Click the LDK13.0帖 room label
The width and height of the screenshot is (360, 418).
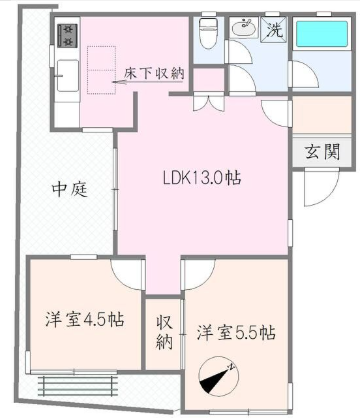pos(202,178)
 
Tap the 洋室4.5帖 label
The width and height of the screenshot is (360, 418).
pos(85,320)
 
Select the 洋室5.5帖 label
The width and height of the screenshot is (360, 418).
pos(236,332)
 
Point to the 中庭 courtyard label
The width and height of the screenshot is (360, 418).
pos(70,190)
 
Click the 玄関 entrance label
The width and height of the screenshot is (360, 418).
pos(323,152)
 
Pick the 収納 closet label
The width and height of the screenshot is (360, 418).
pos(164,332)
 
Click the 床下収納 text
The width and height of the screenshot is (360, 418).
pos(154,73)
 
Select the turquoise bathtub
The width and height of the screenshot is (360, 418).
pos(322,34)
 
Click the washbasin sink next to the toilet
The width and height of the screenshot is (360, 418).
pos(244,28)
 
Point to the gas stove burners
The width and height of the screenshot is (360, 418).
pos(68,35)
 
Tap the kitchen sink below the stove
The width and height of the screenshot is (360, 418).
pos(68,76)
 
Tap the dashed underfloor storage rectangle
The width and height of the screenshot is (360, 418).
pos(102,70)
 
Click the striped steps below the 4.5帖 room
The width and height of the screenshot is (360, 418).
pos(78,386)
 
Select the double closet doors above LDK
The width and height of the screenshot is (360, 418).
pos(209,103)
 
